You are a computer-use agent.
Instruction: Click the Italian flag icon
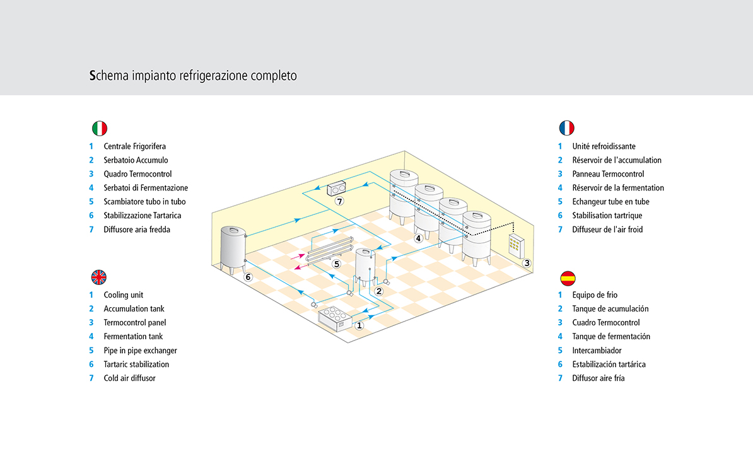(x=100, y=128)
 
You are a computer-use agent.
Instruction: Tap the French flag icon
(x=567, y=128)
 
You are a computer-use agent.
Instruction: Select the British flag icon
(x=99, y=277)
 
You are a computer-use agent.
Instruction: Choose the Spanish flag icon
(x=568, y=278)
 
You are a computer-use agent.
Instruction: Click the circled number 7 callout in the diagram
(x=339, y=201)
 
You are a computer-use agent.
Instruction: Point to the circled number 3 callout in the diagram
(x=527, y=263)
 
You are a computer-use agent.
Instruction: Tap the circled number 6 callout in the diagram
(x=248, y=277)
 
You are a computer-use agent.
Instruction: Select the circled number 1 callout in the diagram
(x=359, y=325)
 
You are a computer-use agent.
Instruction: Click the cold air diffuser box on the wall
(x=336, y=188)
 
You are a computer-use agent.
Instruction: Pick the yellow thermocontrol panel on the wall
(x=516, y=246)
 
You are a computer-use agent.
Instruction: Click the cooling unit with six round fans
(x=336, y=319)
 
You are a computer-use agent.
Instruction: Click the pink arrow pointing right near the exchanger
(x=297, y=257)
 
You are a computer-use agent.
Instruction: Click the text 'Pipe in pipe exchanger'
(x=140, y=351)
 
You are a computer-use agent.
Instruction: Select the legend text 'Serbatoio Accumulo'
(x=136, y=160)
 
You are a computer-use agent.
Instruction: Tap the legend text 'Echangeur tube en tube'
(x=610, y=202)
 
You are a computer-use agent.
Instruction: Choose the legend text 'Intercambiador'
(x=597, y=351)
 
